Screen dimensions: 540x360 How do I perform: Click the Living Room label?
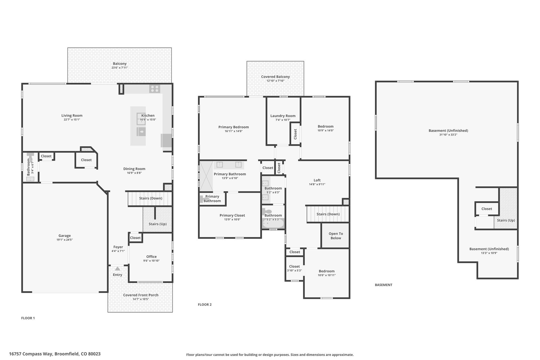click(x=72, y=116)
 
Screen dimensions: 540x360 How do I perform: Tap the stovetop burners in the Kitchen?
click(x=155, y=89)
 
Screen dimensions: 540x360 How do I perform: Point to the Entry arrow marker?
click(x=118, y=268)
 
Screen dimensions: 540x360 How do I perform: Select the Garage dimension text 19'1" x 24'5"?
click(x=65, y=240)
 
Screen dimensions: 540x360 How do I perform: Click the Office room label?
click(x=151, y=257)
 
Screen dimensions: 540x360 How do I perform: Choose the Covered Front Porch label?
click(x=141, y=295)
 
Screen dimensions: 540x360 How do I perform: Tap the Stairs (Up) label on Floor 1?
click(x=157, y=224)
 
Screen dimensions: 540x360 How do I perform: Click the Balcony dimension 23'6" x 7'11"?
click(x=120, y=68)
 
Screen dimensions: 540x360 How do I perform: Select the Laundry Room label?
click(x=283, y=116)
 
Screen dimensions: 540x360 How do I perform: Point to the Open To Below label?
click(x=336, y=236)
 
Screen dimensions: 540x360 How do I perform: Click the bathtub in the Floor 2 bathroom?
click(x=273, y=224)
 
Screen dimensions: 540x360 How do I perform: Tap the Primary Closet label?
click(x=232, y=215)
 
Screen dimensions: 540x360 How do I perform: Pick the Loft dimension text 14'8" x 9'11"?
click(x=317, y=184)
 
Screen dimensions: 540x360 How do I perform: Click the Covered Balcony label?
click(x=275, y=77)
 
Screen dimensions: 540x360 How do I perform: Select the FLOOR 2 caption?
click(x=205, y=305)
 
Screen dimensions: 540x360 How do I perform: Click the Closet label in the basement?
click(x=486, y=209)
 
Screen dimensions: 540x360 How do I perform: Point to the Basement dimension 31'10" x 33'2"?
click(x=448, y=135)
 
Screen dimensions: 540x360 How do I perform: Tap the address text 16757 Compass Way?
click(x=31, y=354)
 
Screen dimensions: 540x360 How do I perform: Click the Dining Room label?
click(x=134, y=169)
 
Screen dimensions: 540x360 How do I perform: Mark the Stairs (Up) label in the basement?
click(x=506, y=220)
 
